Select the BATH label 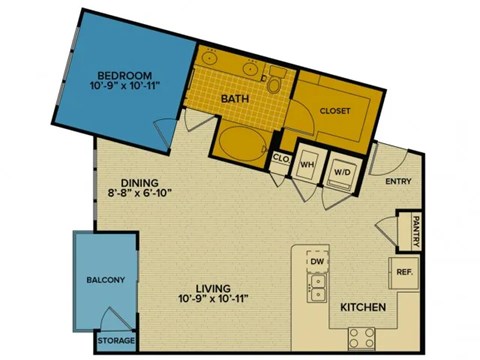coord(235,99)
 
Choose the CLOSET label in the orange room coord(334,110)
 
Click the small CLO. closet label coord(280,158)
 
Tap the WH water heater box coord(308,165)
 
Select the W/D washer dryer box coord(342,170)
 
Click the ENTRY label coord(398,181)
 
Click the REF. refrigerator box coord(405,271)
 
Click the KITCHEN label coord(357,307)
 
